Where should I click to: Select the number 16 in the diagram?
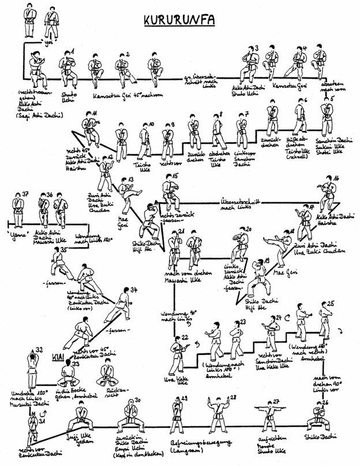tap(336, 177)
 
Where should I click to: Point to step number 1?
tap(72, 52)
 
